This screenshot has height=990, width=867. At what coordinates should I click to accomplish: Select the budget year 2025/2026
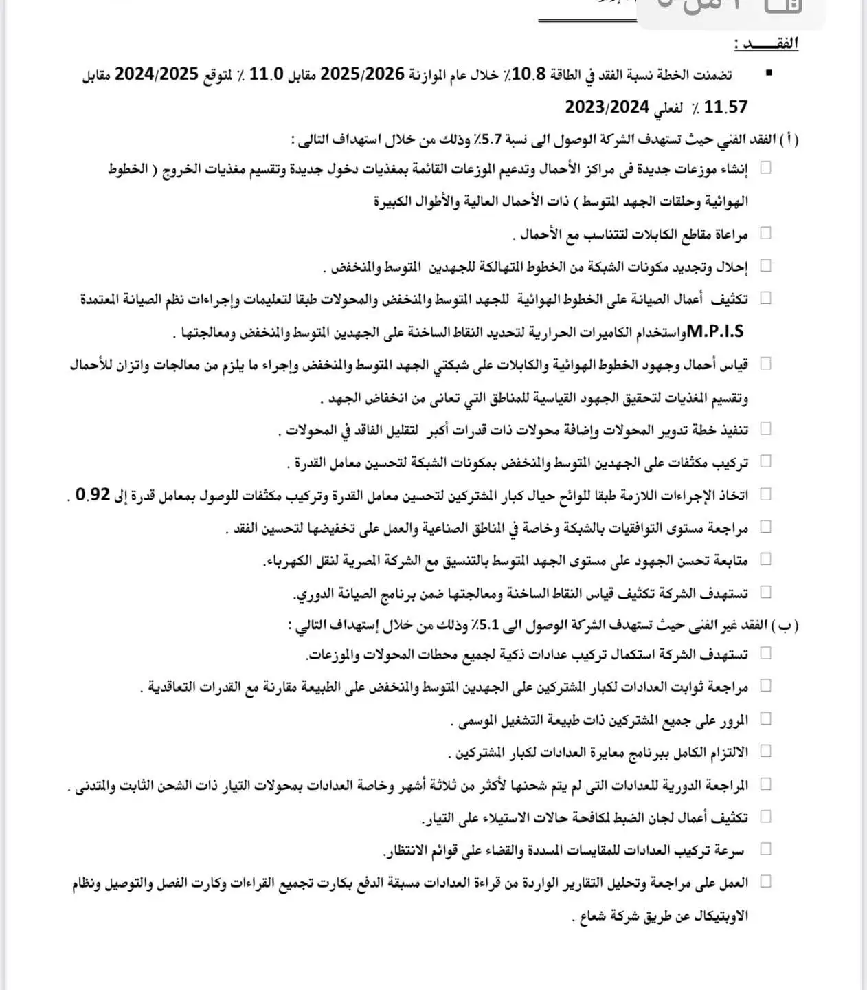coord(363,74)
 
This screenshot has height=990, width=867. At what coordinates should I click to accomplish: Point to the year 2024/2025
coord(157,74)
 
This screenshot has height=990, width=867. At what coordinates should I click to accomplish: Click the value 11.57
coord(725,107)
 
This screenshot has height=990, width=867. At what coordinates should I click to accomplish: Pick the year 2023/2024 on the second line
coord(607,107)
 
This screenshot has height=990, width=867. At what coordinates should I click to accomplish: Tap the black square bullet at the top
coord(768,73)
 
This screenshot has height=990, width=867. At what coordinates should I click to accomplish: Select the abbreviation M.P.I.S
coord(714,332)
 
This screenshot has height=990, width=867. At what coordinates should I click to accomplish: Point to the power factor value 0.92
coord(93,494)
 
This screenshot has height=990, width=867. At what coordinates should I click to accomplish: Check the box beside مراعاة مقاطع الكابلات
coord(765,233)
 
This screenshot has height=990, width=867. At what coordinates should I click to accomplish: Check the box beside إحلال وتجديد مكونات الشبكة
coord(765,265)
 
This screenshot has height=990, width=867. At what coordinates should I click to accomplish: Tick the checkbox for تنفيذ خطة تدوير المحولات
coord(765,429)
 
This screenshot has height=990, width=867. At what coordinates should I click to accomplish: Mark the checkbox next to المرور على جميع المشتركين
coord(765,718)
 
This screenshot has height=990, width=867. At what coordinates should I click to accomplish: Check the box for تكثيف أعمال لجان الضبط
coord(765,816)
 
